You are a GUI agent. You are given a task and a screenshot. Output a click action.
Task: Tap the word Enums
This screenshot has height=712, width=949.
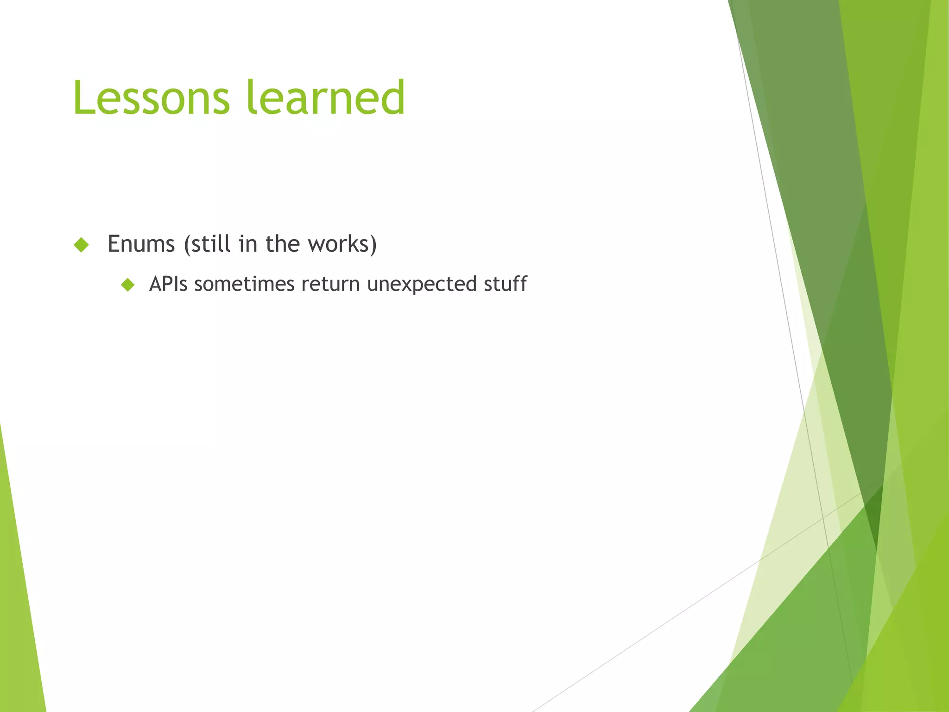[141, 244]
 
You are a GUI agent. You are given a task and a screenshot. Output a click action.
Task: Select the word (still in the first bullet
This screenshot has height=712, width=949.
[207, 244]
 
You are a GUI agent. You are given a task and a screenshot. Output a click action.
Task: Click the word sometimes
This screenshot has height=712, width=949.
[244, 284]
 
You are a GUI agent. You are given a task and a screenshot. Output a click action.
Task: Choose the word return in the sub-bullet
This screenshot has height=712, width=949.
[330, 284]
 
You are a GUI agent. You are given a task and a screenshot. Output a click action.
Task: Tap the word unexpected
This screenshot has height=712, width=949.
[422, 285]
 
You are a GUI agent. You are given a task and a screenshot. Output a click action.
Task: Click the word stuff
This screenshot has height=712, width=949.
[505, 284]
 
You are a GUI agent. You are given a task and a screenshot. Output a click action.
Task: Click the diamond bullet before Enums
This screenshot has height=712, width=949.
[81, 245]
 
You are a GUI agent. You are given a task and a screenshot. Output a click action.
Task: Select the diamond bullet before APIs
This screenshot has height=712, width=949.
[127, 285]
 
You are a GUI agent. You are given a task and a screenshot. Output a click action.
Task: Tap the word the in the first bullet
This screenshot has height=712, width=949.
[283, 244]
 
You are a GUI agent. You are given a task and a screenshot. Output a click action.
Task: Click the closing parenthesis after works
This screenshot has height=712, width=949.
[373, 245]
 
